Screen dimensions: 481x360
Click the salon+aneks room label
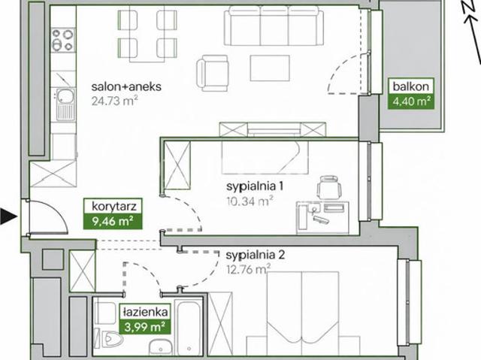tap(126, 86)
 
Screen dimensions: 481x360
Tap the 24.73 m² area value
tap(114, 101)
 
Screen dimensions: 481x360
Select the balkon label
tap(411, 86)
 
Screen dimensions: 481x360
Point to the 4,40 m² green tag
tap(411, 101)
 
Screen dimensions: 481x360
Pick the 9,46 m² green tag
tap(113, 221)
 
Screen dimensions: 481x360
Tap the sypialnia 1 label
tap(255, 186)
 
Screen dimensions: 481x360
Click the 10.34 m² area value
tap(250, 201)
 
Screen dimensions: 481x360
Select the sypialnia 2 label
tap(256, 255)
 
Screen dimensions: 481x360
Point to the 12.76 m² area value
tap(249, 269)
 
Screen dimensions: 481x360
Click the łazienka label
tap(145, 312)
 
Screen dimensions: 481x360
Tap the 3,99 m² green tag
tap(145, 327)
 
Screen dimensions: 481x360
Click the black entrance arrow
tap(8, 216)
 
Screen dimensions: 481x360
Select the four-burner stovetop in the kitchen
tap(63, 40)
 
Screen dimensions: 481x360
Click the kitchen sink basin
tap(65, 96)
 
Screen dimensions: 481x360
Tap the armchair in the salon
tap(213, 73)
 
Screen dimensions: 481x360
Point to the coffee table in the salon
tap(270, 68)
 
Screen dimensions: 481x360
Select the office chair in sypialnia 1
tap(329, 186)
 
